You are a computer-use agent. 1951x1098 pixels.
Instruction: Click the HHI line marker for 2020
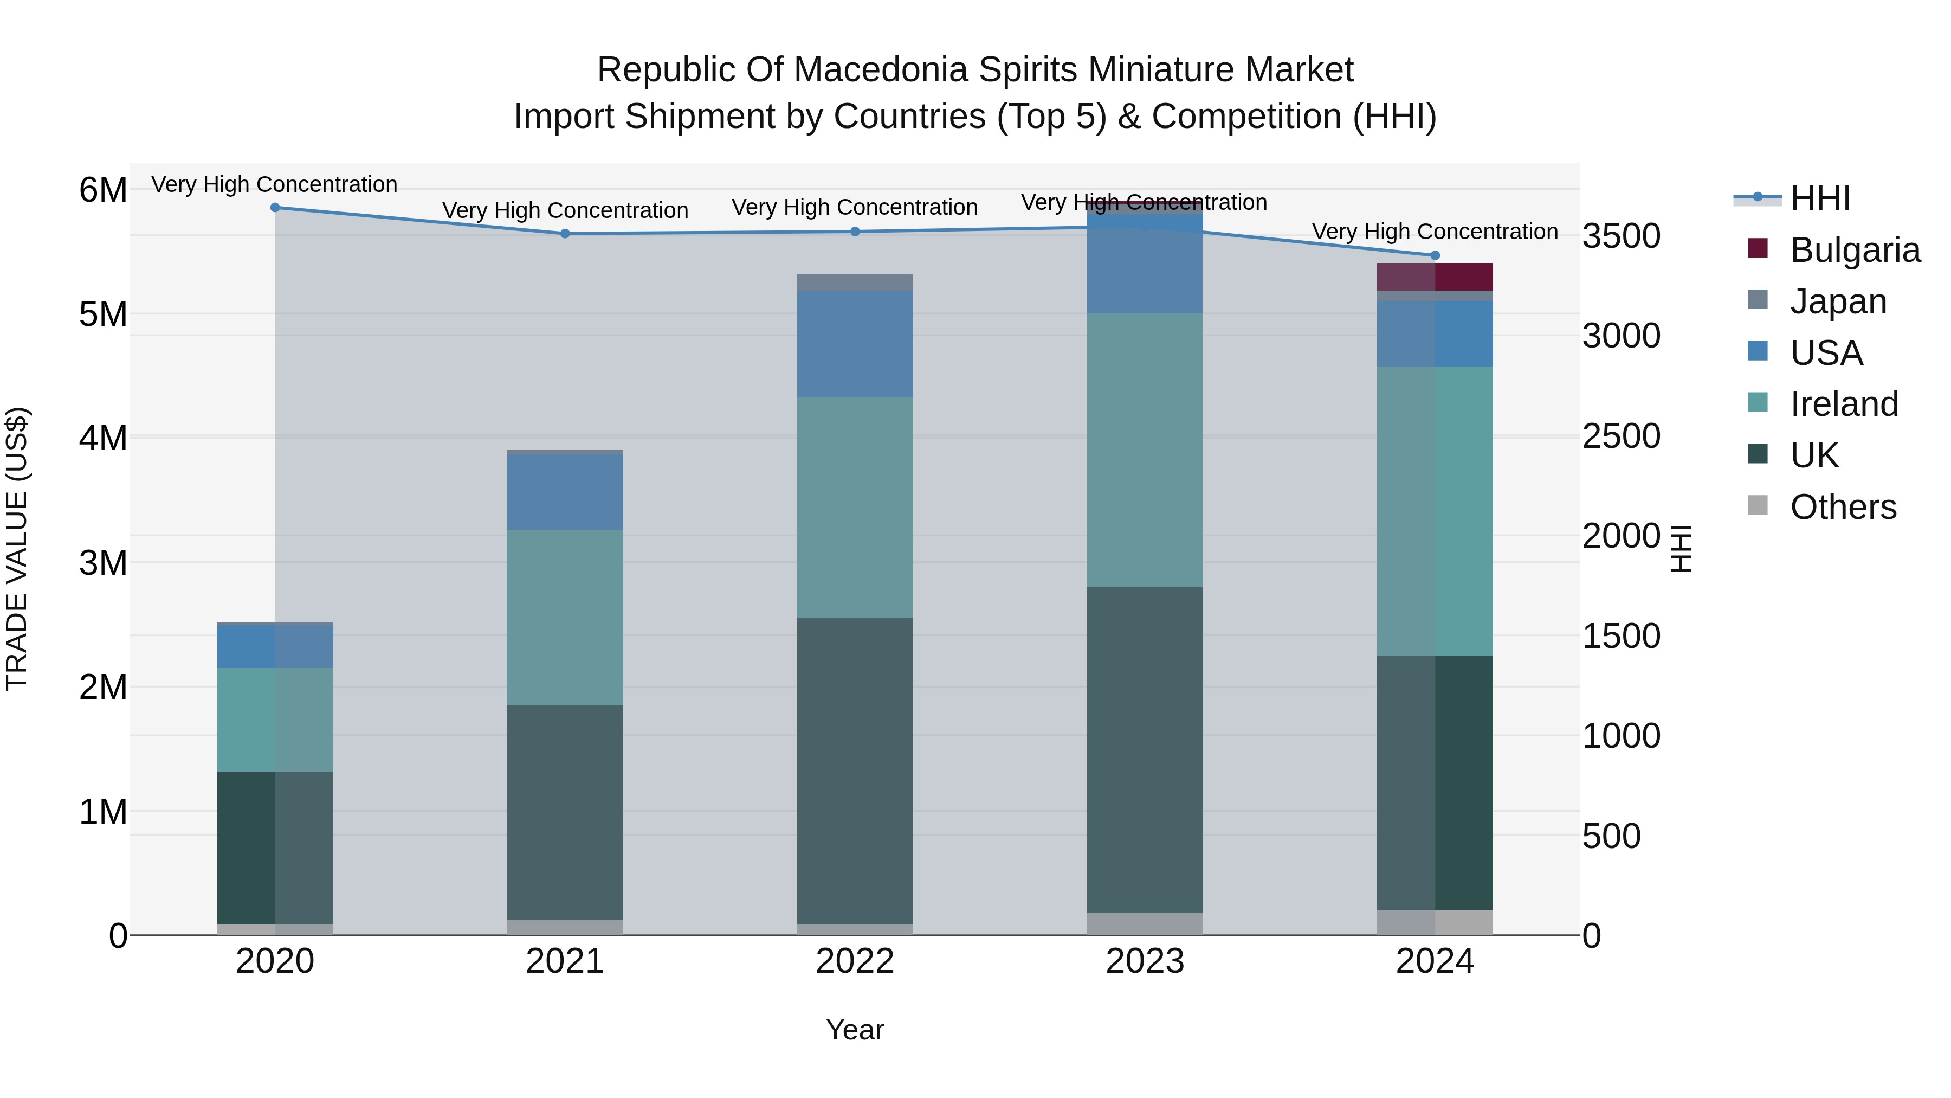coord(275,208)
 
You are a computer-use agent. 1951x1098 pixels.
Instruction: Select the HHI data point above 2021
coord(565,233)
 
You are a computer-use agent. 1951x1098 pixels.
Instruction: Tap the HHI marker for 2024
coord(1435,255)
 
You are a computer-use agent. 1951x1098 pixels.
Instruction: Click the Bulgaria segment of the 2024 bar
coord(1435,277)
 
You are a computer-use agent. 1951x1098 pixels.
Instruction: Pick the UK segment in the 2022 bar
coord(855,770)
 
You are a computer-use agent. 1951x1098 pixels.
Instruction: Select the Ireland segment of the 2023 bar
coord(1145,450)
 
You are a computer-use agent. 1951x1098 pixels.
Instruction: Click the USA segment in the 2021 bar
coord(565,492)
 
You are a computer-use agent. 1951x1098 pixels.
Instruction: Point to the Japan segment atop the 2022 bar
coord(855,282)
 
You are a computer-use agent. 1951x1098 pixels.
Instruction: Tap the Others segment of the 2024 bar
coord(1435,923)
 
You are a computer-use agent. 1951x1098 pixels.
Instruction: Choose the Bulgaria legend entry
coord(1833,250)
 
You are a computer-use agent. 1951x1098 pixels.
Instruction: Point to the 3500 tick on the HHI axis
coord(1621,236)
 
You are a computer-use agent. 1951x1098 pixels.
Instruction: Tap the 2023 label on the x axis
coord(1145,961)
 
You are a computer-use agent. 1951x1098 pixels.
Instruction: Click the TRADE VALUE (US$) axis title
coord(17,549)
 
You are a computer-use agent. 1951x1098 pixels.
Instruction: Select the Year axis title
coord(855,1030)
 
